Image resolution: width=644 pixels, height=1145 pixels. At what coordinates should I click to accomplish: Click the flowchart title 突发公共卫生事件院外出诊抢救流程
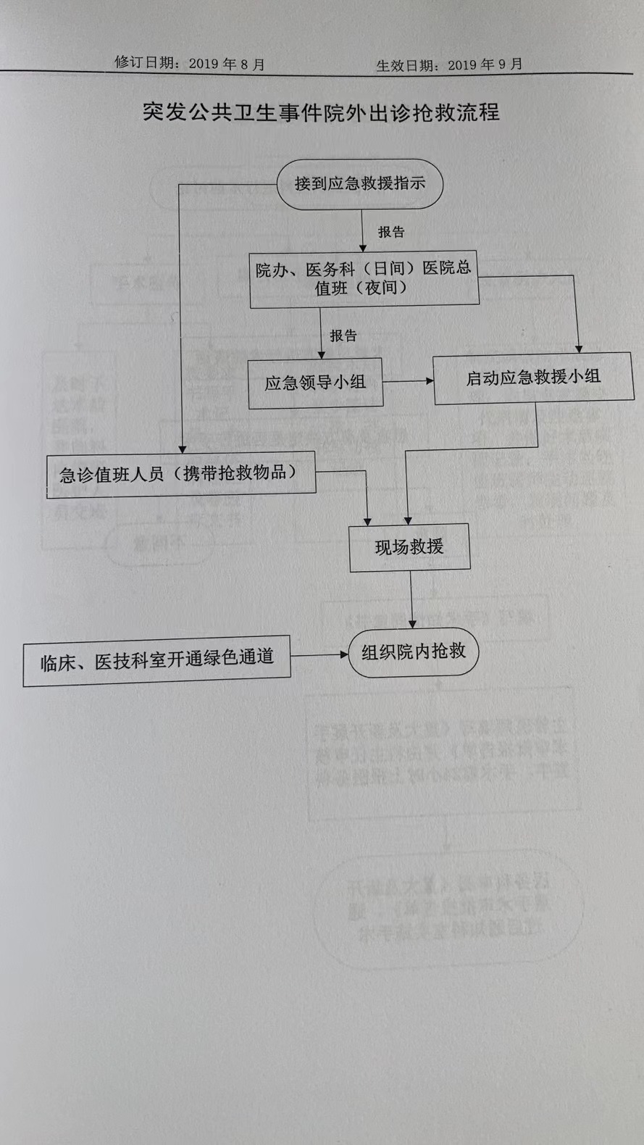[x=321, y=112]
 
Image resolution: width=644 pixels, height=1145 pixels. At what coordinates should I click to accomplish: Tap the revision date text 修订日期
[x=145, y=63]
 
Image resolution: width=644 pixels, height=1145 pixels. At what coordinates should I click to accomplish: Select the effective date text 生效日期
[x=406, y=65]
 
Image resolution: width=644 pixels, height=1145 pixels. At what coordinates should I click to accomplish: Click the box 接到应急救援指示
[x=359, y=184]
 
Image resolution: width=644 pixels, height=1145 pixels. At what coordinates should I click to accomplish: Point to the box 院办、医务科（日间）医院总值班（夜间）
[x=364, y=279]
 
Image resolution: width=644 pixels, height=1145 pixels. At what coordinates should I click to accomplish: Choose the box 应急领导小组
[x=315, y=383]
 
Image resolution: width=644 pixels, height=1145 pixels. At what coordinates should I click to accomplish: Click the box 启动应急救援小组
[x=533, y=377]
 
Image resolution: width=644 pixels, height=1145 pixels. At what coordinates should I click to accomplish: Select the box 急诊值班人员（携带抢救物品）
[x=180, y=474]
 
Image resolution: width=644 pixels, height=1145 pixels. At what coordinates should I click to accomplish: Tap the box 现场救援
[x=409, y=547]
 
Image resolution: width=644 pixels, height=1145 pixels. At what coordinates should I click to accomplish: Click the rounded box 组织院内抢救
[x=414, y=652]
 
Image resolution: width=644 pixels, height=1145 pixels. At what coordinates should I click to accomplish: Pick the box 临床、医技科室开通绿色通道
[x=156, y=659]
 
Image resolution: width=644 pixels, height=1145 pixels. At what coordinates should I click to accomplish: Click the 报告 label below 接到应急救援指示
[x=391, y=232]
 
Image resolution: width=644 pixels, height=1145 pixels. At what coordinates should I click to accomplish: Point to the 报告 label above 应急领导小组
[x=343, y=336]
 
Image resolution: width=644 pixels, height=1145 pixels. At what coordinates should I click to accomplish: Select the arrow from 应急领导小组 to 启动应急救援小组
[x=408, y=380]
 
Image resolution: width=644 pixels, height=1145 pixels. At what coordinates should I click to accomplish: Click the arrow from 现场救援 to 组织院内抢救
[x=411, y=600]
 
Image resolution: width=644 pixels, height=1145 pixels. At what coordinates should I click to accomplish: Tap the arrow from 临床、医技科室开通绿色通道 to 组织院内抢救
[x=319, y=655]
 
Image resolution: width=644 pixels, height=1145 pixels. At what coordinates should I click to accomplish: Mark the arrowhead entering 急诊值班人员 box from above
[x=183, y=449]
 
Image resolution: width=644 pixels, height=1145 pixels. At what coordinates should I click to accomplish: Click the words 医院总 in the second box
[x=447, y=267]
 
